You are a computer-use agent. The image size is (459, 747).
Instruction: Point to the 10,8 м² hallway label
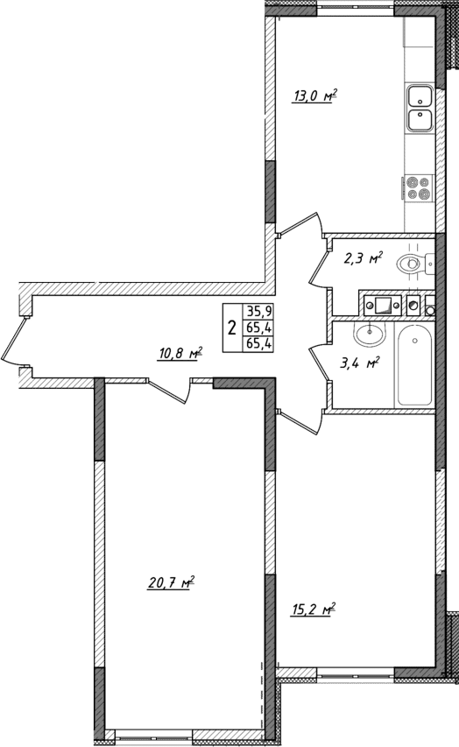click(x=180, y=354)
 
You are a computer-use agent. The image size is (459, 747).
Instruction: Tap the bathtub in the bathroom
click(x=415, y=366)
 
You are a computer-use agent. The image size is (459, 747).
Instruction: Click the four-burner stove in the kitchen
click(x=419, y=188)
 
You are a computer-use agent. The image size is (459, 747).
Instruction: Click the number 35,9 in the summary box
click(x=258, y=310)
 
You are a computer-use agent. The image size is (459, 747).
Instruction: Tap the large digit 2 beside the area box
click(x=231, y=328)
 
